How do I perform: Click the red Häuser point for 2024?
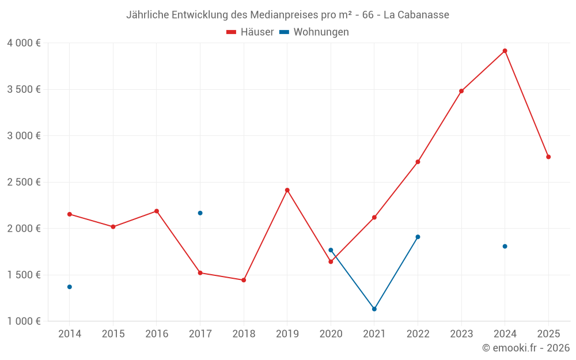click(x=505, y=51)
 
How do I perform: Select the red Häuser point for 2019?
click(x=287, y=190)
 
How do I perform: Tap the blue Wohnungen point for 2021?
click(x=374, y=309)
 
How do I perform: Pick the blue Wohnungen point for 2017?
click(x=200, y=213)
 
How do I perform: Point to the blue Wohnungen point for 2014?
click(x=70, y=287)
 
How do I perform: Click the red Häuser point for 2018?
click(x=244, y=280)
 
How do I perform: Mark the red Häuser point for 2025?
click(x=548, y=157)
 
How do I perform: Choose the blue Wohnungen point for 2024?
click(x=505, y=247)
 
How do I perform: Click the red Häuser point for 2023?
click(x=461, y=91)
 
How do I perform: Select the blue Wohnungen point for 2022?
click(x=418, y=237)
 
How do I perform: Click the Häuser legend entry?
click(x=250, y=32)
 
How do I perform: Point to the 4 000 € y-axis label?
click(x=24, y=43)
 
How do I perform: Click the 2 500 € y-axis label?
click(x=24, y=182)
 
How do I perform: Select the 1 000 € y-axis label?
click(x=24, y=321)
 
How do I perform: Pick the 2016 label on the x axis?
click(x=157, y=334)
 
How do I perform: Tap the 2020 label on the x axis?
click(x=331, y=334)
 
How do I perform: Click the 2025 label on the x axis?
click(x=548, y=334)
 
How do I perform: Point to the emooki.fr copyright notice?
click(x=525, y=348)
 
